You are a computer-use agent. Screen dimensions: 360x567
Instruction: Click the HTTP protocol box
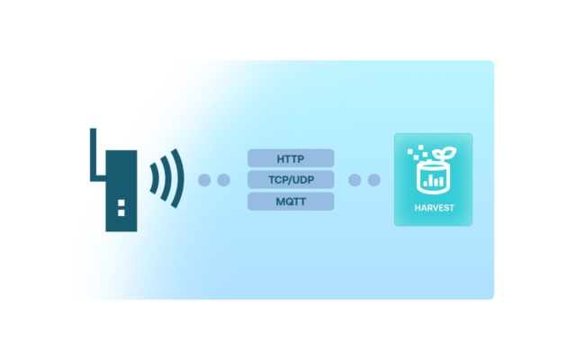coord(291,158)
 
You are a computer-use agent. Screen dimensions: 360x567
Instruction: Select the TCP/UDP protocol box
coord(291,180)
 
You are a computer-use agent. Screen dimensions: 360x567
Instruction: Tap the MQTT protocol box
coord(291,202)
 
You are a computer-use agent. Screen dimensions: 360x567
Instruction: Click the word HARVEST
coord(434,209)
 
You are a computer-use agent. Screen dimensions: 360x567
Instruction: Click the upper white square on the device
coord(121,201)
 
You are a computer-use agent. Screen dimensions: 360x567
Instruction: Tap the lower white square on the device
coord(121,213)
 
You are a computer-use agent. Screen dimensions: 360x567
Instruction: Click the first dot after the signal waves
coord(204,180)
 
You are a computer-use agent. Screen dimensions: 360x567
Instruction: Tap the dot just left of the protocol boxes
coord(224,180)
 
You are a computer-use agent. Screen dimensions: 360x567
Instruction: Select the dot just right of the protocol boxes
coord(355,180)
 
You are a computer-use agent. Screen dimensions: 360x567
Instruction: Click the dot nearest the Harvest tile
coord(373,180)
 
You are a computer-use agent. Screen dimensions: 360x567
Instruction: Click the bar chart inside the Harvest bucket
coord(434,180)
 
